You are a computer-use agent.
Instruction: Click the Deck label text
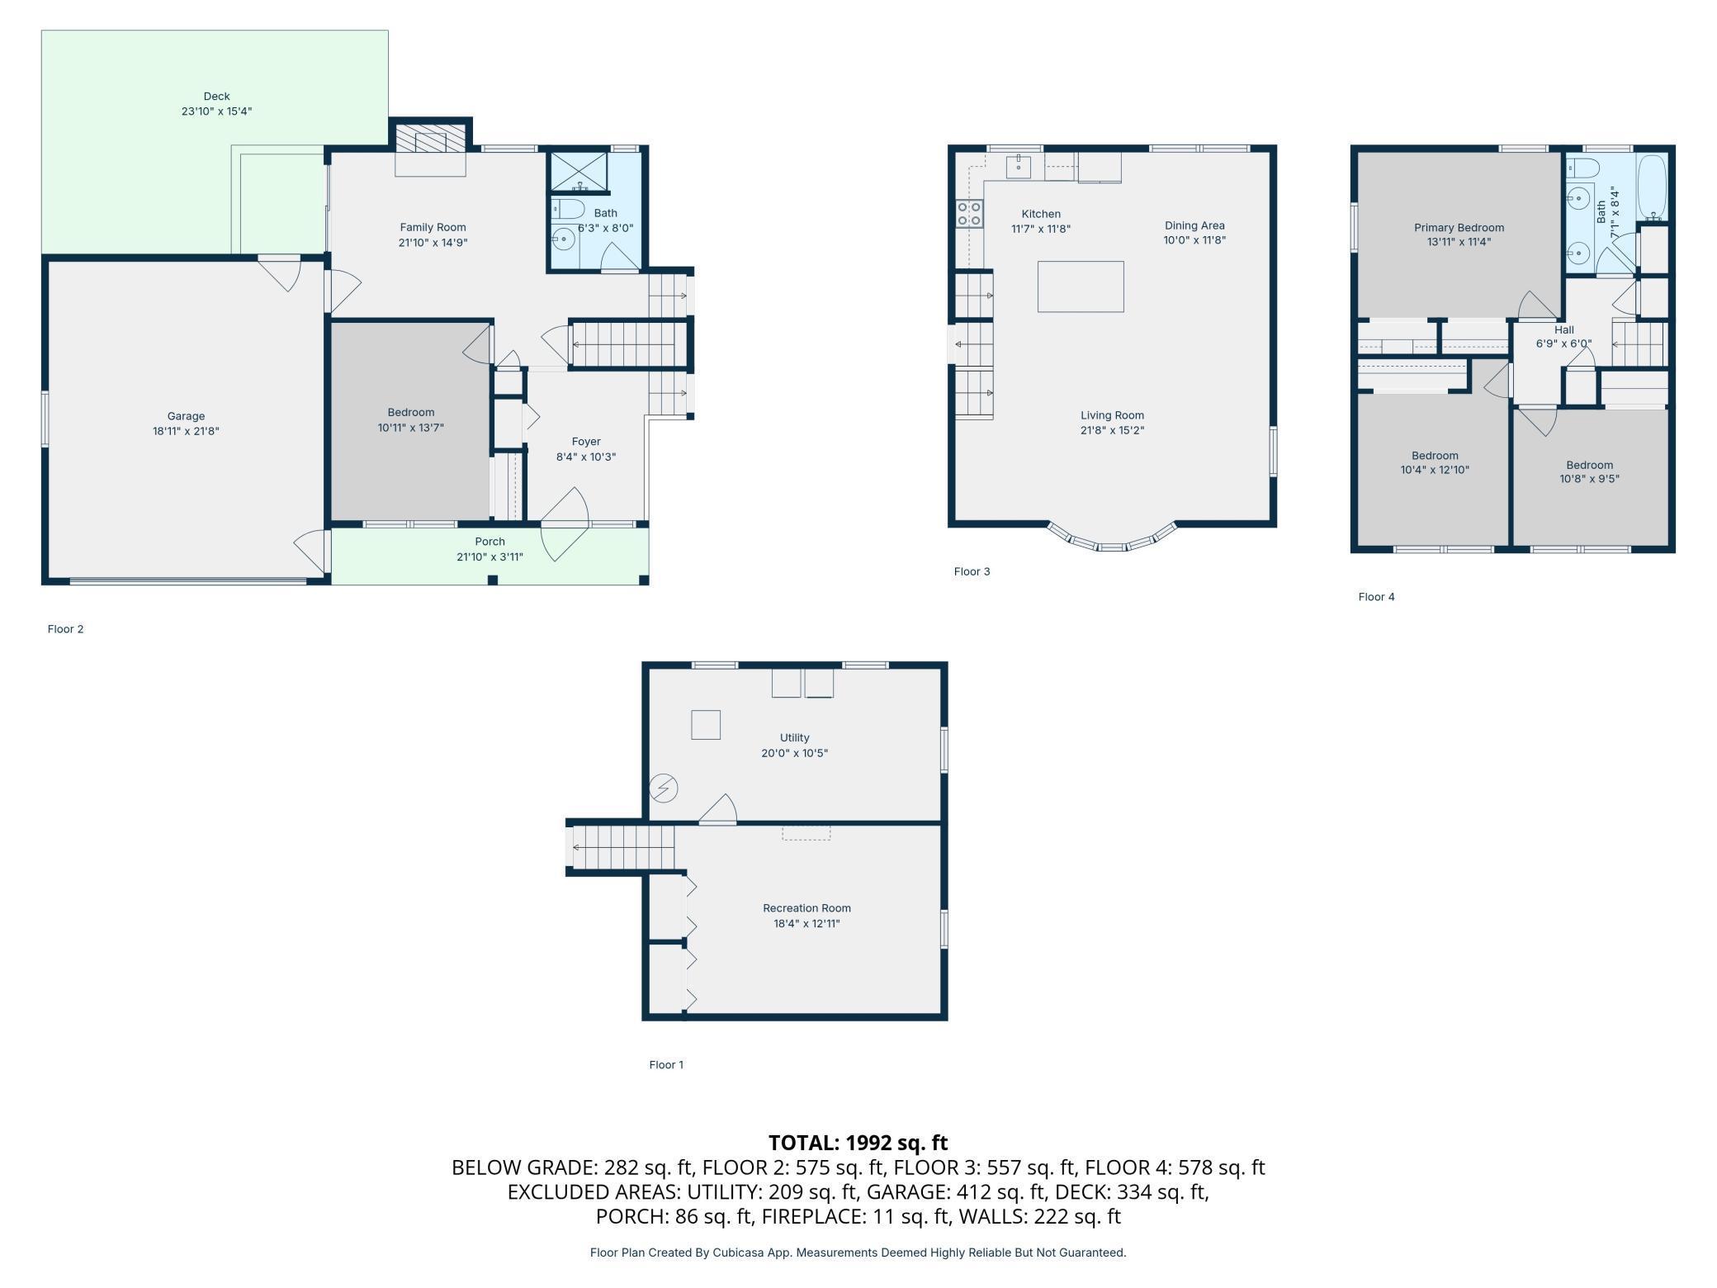point(216,97)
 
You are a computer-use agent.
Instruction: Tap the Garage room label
point(186,416)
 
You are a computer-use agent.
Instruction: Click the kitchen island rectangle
point(1081,286)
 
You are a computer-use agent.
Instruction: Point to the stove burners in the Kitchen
point(970,214)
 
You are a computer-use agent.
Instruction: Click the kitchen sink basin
point(1019,166)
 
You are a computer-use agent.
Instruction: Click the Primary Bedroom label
point(1459,228)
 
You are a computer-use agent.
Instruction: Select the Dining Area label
point(1194,225)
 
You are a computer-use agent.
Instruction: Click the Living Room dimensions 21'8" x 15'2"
point(1112,430)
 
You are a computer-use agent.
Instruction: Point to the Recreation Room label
point(806,908)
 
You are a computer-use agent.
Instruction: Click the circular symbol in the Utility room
point(663,788)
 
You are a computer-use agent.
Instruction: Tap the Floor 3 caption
point(972,571)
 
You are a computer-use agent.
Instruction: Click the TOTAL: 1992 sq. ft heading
point(858,1143)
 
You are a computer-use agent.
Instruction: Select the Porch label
point(490,542)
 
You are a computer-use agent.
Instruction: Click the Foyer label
point(586,442)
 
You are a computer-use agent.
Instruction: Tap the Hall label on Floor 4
point(1563,329)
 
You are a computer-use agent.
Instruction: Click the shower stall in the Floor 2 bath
point(579,173)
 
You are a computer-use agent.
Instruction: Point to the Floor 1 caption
point(666,1064)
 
